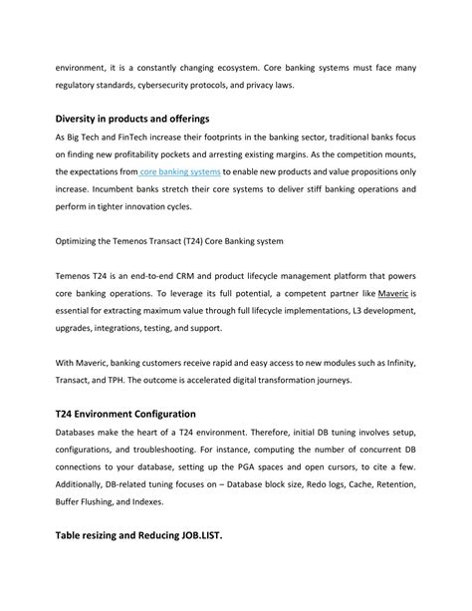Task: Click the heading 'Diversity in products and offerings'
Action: pyautogui.click(x=138, y=119)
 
